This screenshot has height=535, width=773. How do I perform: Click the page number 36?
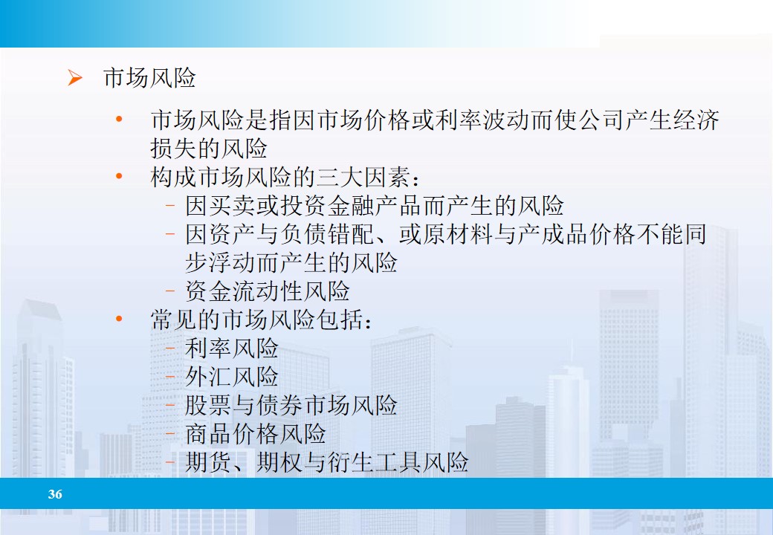click(x=55, y=494)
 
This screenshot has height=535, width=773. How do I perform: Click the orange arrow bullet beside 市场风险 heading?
click(x=74, y=78)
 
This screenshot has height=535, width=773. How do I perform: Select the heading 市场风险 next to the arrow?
click(x=149, y=78)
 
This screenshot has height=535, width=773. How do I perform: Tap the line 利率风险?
click(x=231, y=348)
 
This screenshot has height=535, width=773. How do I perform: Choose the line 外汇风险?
click(x=231, y=376)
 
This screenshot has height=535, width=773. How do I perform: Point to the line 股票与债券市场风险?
click(x=291, y=405)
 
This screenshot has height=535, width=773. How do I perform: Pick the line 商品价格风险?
click(x=255, y=433)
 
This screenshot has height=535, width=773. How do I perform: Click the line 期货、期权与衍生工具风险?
click(x=326, y=462)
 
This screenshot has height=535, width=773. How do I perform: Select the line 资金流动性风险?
click(x=267, y=291)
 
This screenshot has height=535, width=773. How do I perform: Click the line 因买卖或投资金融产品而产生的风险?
click(x=374, y=206)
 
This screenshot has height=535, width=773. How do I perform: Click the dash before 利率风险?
click(x=171, y=348)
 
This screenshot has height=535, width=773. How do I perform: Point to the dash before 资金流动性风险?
click(x=171, y=291)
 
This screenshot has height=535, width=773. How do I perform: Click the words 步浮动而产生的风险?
click(x=291, y=262)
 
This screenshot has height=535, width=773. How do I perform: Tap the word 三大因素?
click(x=373, y=178)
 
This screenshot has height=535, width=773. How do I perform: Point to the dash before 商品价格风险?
click(x=171, y=434)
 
